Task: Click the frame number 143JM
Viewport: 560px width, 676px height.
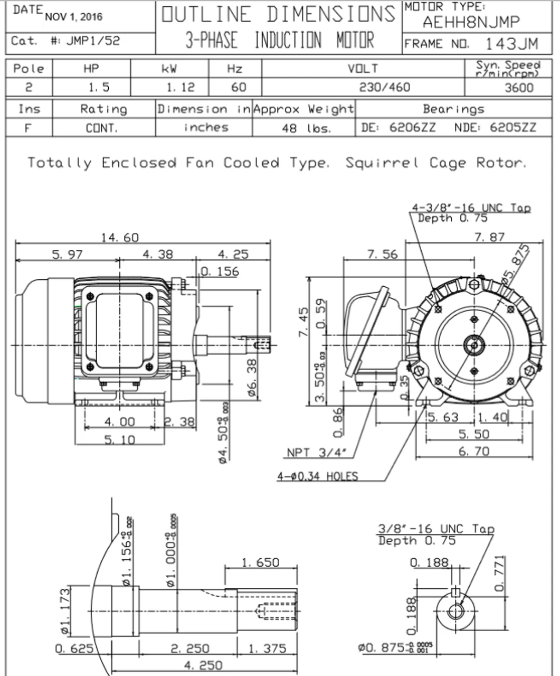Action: (x=511, y=43)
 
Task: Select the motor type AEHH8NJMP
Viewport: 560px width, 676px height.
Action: (x=471, y=22)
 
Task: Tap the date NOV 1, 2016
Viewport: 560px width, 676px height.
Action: (x=74, y=16)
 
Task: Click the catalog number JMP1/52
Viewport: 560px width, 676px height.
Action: (x=93, y=41)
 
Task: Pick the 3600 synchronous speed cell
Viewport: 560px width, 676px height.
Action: (x=519, y=88)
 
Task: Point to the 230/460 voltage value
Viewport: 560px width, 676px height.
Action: (x=384, y=87)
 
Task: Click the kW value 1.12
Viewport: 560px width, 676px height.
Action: (x=181, y=88)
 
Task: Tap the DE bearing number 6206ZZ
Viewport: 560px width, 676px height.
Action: (x=412, y=127)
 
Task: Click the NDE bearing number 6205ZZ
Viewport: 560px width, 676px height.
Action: (x=512, y=127)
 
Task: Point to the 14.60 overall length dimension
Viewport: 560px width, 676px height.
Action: (x=120, y=238)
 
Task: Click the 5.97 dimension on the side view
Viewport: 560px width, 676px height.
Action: (x=67, y=255)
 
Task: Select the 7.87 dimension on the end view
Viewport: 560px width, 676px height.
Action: (x=489, y=237)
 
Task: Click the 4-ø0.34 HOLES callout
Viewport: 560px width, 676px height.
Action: (x=318, y=476)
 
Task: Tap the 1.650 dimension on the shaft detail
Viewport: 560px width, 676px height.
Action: (x=260, y=562)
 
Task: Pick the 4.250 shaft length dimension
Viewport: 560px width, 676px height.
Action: (x=203, y=665)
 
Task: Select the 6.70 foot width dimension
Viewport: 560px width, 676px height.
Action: (x=474, y=451)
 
